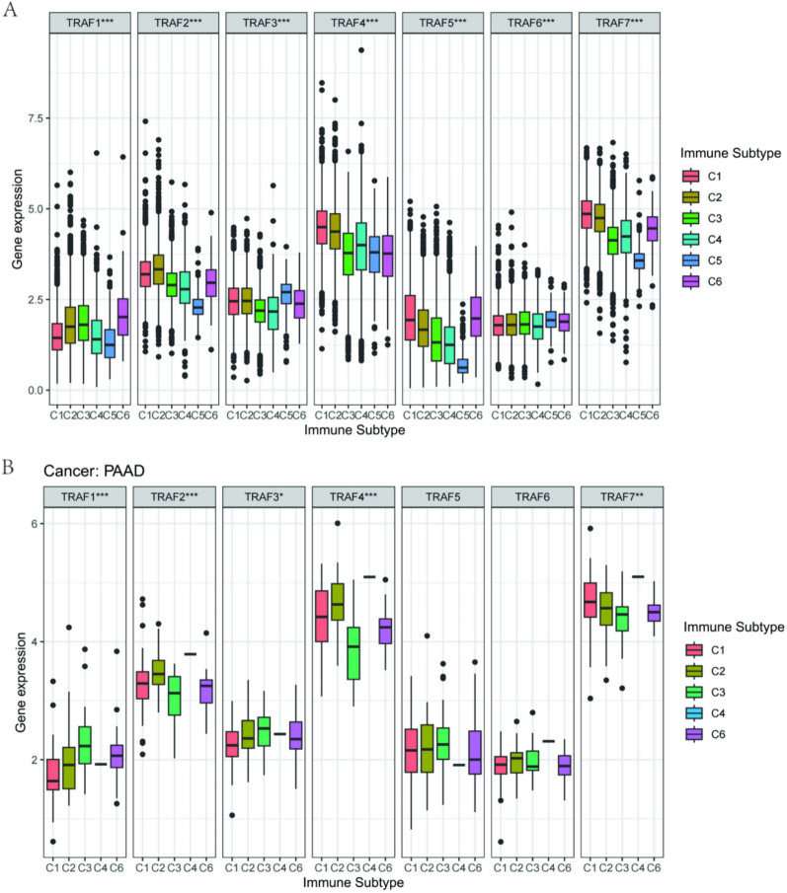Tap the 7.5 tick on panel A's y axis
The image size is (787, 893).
(37, 118)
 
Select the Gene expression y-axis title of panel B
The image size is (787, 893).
(20, 682)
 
